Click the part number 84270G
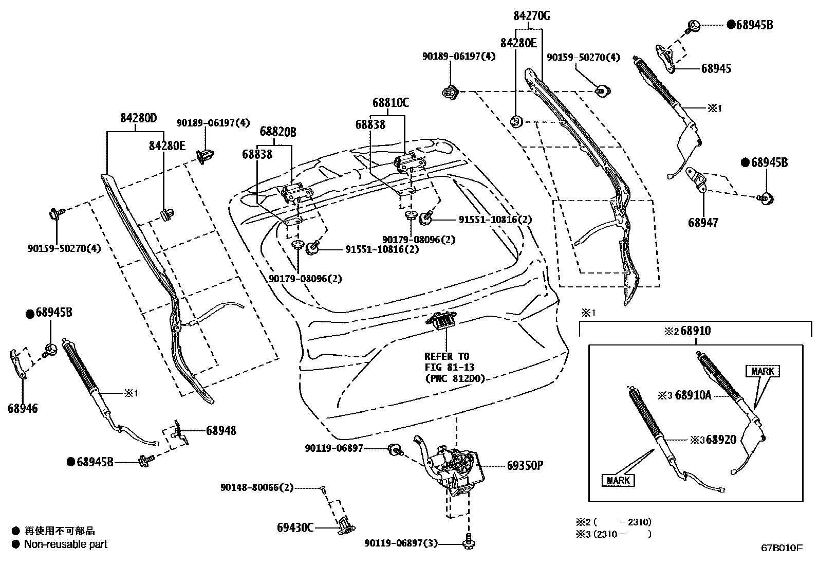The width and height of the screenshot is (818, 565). pyautogui.click(x=531, y=16)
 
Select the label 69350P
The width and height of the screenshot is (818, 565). pyautogui.click(x=525, y=465)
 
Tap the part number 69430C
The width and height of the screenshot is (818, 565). pyautogui.click(x=295, y=527)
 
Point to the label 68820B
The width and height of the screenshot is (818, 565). pyautogui.click(x=277, y=132)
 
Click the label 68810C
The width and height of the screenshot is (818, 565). pyautogui.click(x=391, y=103)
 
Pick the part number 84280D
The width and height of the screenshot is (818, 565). pyautogui.click(x=138, y=118)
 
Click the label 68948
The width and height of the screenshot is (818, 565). pyautogui.click(x=221, y=430)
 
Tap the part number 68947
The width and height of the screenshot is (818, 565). pyautogui.click(x=703, y=223)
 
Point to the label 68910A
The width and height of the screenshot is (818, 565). pyautogui.click(x=693, y=395)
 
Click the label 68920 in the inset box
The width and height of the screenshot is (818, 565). pyautogui.click(x=720, y=440)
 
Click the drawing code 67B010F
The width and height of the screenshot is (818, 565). pyautogui.click(x=781, y=548)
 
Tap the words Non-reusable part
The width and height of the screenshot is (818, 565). pyautogui.click(x=66, y=544)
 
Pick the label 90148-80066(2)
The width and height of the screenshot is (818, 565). pyautogui.click(x=257, y=487)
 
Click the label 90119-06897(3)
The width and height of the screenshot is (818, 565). pyautogui.click(x=401, y=543)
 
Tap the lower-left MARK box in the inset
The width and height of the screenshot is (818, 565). pyautogui.click(x=618, y=480)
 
